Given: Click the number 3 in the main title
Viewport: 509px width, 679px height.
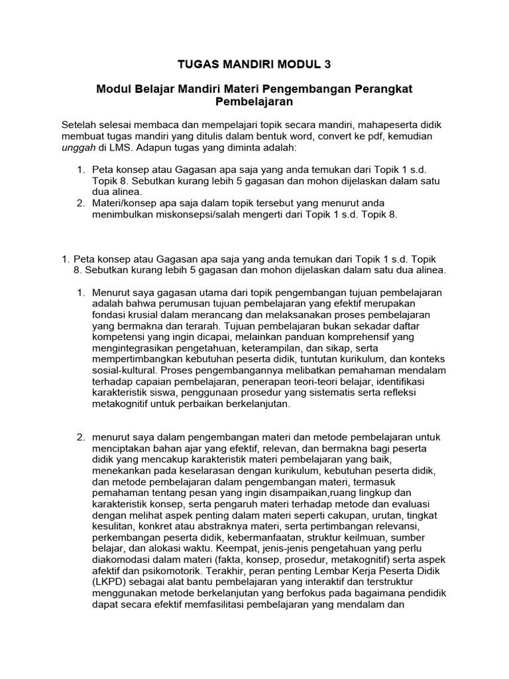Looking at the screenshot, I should [x=325, y=64].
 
